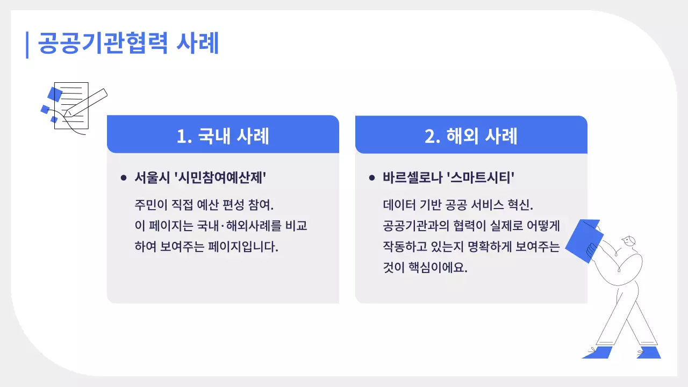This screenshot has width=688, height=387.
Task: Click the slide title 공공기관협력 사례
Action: pos(128,44)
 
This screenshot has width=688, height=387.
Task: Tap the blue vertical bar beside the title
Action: pos(27,45)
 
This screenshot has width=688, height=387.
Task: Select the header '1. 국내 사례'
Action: pos(223,135)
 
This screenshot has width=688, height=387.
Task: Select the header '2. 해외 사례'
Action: pos(471,135)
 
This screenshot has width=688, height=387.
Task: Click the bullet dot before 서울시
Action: pos(124,177)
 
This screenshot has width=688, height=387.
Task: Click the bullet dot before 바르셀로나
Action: pos(372,177)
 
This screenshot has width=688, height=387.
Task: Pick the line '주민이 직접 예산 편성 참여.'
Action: pos(204,205)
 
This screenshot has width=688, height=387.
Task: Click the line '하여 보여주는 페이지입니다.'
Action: pos(206,247)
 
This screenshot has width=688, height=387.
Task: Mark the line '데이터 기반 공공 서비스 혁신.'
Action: pos(457,205)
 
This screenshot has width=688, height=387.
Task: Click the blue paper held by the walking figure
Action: pos(584,240)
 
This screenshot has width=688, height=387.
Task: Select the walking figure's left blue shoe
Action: pos(598,353)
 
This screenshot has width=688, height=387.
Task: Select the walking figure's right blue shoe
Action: pos(649,353)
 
